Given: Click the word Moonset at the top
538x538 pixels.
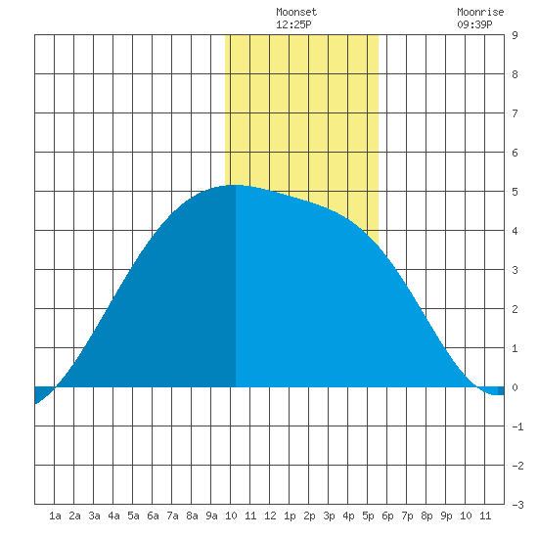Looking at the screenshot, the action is [x=296, y=12].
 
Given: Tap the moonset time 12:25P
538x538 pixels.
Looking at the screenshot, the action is [x=293, y=24].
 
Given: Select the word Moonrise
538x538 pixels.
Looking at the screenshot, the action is [x=480, y=12].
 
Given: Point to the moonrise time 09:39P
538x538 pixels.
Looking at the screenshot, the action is [x=474, y=24].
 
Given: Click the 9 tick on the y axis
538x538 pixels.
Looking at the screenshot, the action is [x=515, y=35].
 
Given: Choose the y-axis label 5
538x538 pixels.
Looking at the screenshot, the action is [x=515, y=192].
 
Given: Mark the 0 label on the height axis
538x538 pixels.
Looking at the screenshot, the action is [x=515, y=387].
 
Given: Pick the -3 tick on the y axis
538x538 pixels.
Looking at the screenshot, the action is [x=517, y=505].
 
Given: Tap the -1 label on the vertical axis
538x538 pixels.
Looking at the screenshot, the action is [x=517, y=426].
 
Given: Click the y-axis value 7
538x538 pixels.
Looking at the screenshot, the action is [x=515, y=113].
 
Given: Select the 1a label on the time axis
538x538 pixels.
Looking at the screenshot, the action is [x=55, y=516].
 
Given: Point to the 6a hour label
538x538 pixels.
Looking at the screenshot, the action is [x=153, y=516].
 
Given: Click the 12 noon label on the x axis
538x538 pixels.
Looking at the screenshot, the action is [x=270, y=516].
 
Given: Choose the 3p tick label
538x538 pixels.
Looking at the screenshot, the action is [x=329, y=516].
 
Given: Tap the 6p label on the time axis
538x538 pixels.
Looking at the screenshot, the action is [x=387, y=516].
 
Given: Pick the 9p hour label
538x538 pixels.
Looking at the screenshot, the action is [x=446, y=516].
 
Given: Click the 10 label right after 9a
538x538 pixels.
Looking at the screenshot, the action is [x=231, y=516].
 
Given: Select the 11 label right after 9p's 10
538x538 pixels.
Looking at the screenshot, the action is [x=485, y=516].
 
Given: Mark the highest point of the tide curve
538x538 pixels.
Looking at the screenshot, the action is [x=236, y=185].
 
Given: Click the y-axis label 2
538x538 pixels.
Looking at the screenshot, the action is [x=515, y=309].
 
